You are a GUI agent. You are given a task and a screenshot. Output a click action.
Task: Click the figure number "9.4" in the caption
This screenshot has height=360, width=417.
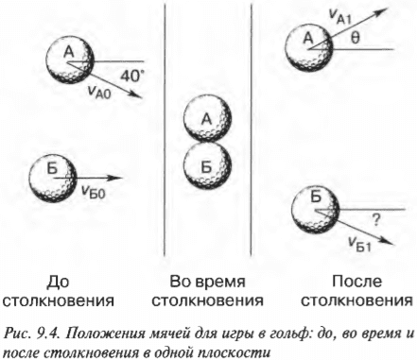45,328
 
